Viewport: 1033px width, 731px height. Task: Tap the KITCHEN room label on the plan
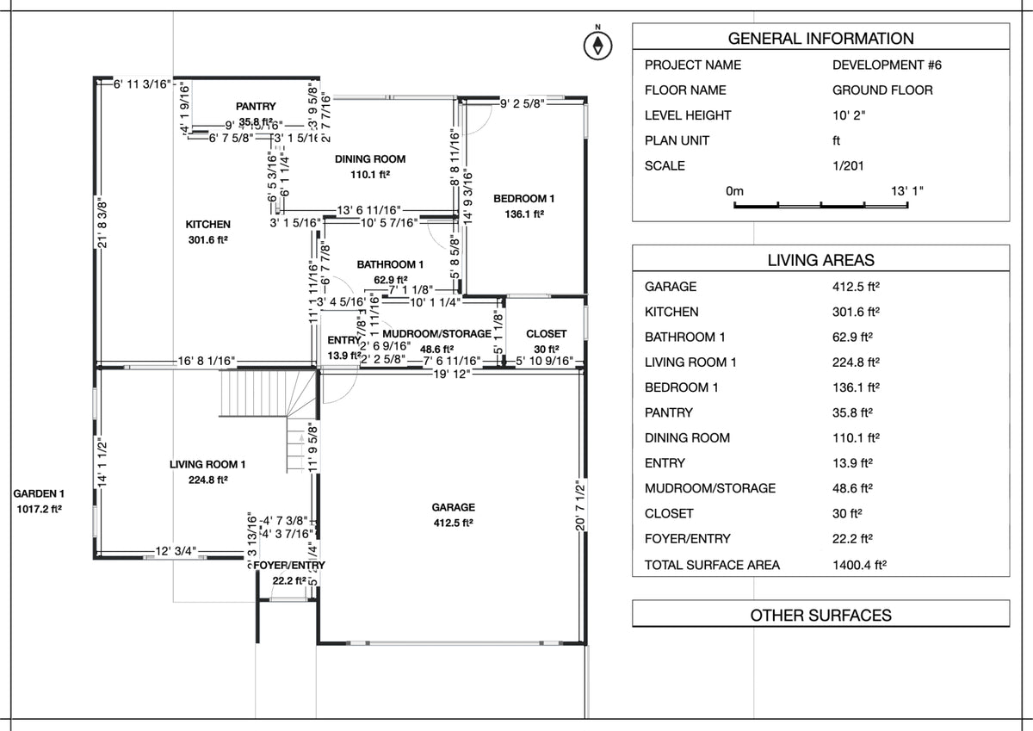[207, 224]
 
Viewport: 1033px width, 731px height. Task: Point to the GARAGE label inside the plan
[453, 508]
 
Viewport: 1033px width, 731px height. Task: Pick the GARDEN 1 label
[39, 495]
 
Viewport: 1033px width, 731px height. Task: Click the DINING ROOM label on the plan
[370, 159]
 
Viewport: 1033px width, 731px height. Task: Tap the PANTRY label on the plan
[256, 106]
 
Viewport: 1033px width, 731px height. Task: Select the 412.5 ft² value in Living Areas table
[847, 287]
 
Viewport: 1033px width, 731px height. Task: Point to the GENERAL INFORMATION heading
[820, 39]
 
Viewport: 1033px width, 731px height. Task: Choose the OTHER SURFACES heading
[820, 616]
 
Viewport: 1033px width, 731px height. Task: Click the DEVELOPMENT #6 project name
[882, 65]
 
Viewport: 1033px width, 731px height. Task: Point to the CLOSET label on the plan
[547, 334]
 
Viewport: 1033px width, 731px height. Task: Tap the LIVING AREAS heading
[820, 259]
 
